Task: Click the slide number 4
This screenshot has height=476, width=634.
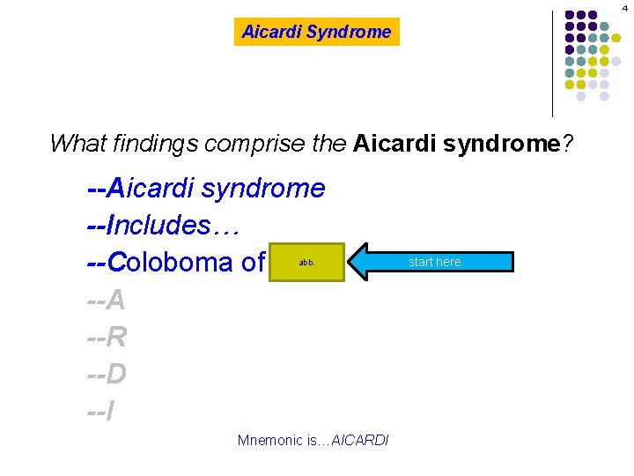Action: (x=623, y=8)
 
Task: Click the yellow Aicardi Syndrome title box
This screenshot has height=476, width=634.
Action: (x=316, y=33)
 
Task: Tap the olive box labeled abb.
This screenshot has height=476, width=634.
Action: (x=306, y=262)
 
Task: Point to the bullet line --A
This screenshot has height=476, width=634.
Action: (x=107, y=301)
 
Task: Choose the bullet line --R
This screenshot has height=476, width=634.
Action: (x=107, y=338)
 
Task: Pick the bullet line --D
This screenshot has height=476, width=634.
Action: (x=107, y=375)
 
